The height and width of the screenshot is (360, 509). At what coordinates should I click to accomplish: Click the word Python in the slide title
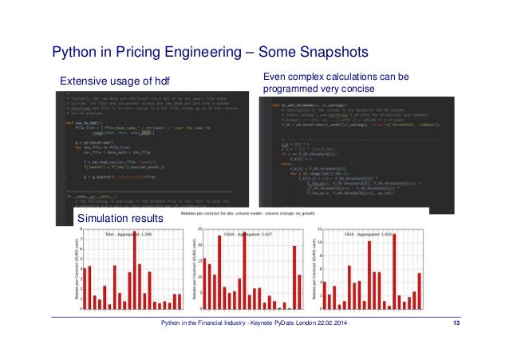(75, 53)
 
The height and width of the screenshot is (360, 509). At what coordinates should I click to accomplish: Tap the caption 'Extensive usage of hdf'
(116, 81)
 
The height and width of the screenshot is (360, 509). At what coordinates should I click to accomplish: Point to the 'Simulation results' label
(119, 218)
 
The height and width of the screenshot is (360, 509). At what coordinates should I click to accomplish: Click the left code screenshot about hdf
(152, 152)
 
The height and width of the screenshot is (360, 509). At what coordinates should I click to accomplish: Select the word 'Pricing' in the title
(146, 53)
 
